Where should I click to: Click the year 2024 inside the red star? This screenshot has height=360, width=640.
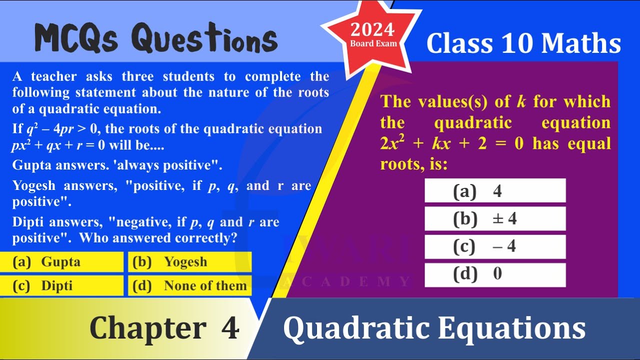tap(372, 29)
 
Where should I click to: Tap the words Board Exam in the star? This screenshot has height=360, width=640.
tap(373, 43)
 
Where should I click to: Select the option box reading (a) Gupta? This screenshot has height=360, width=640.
tap(61, 261)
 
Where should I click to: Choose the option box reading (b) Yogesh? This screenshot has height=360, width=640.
tap(189, 261)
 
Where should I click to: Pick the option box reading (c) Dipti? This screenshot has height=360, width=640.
tap(61, 285)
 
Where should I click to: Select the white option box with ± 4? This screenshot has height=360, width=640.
tap(495, 218)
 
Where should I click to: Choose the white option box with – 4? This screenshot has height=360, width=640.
tap(495, 246)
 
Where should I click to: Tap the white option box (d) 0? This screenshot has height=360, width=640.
tap(495, 275)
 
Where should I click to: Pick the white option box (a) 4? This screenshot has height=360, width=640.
tap(495, 190)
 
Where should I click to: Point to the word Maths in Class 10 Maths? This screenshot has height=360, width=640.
tap(581, 43)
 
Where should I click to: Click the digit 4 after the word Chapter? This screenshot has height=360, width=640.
tap(230, 327)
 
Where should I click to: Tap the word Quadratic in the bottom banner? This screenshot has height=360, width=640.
tap(356, 328)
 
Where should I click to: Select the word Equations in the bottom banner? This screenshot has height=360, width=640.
tap(511, 328)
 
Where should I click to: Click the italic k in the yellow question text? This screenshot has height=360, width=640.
tap(521, 101)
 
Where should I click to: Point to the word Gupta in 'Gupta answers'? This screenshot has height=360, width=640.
tap(31, 165)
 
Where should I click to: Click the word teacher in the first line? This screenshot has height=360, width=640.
tap(54, 76)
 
